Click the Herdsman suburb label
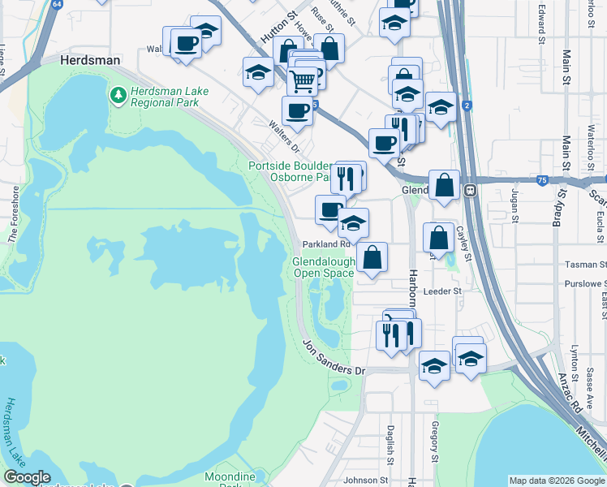[91, 60]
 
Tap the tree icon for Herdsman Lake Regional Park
[118, 96]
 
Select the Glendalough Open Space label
[323, 268]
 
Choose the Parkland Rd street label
[325, 243]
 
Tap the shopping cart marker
[303, 80]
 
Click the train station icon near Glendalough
[469, 189]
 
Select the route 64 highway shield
[56, 4]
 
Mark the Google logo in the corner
[28, 478]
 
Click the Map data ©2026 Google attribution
[556, 481]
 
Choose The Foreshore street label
[13, 214]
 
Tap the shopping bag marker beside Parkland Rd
[372, 257]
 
